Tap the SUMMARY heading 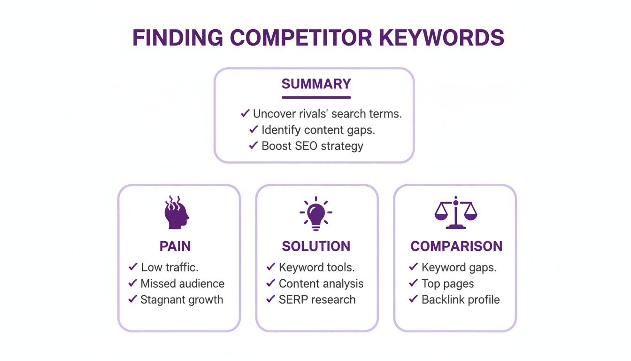[x=316, y=84]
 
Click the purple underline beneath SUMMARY [x=316, y=97]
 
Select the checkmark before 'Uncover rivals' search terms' [x=245, y=113]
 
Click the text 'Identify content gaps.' [x=318, y=129]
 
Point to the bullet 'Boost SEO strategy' [x=312, y=146]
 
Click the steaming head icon [x=176, y=213]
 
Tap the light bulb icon [x=316, y=213]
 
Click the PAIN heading [x=175, y=246]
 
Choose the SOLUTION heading [x=316, y=246]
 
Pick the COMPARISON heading [x=456, y=246]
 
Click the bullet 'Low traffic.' [x=169, y=267]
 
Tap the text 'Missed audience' [x=182, y=283]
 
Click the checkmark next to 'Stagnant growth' [x=132, y=299]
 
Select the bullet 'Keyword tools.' [x=316, y=267]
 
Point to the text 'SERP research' [x=317, y=299]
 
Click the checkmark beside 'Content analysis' [x=270, y=283]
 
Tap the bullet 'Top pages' [x=447, y=283]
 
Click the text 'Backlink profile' [x=461, y=299]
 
